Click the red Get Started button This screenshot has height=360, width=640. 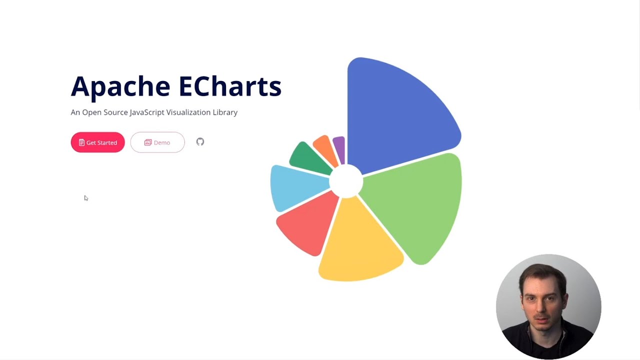pyautogui.click(x=97, y=142)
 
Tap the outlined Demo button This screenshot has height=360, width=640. pyautogui.click(x=157, y=142)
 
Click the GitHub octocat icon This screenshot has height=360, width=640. pyautogui.click(x=200, y=142)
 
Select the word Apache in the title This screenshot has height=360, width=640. pyautogui.click(x=120, y=87)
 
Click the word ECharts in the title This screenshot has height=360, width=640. pyautogui.click(x=229, y=86)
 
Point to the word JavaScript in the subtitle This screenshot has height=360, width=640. pyautogui.click(x=147, y=112)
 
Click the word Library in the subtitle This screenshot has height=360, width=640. pyautogui.click(x=225, y=112)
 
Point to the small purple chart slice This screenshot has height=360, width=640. pyautogui.click(x=339, y=148)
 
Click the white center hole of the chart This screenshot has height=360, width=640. pyautogui.click(x=346, y=180)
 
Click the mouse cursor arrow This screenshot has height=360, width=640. pyautogui.click(x=86, y=198)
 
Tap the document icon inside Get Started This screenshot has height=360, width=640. pyautogui.click(x=81, y=142)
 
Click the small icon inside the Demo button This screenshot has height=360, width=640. pyautogui.click(x=148, y=142)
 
